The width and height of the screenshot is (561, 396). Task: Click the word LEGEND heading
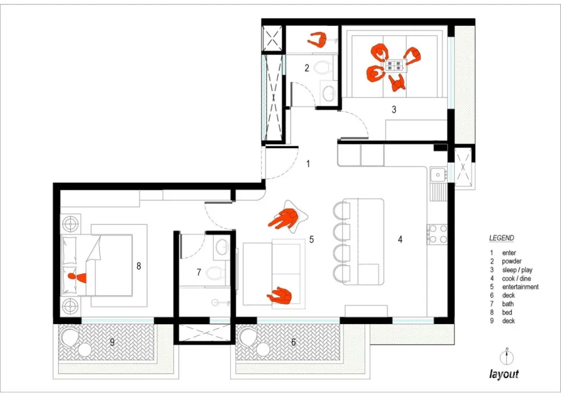tap(502, 238)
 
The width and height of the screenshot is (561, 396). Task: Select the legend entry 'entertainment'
tap(520, 287)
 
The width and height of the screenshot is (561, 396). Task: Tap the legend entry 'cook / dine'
tap(516, 278)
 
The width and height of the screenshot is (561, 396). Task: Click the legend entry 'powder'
tap(512, 261)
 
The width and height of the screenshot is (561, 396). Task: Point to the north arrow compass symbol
tap(507, 356)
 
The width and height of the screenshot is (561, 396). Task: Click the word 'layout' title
tap(504, 374)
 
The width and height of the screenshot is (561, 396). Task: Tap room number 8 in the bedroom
tap(139, 266)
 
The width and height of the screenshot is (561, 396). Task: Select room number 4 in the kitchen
tap(400, 239)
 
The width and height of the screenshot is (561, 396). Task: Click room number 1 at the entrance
tap(308, 164)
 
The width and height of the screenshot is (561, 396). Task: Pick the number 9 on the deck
tap(112, 342)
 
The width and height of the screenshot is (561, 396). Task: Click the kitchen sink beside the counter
tap(438, 175)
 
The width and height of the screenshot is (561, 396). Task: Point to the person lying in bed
tap(77, 277)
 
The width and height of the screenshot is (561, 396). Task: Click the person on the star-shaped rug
tap(283, 220)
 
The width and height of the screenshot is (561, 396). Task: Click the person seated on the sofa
tap(279, 296)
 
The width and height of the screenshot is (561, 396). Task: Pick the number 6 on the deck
tap(293, 342)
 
